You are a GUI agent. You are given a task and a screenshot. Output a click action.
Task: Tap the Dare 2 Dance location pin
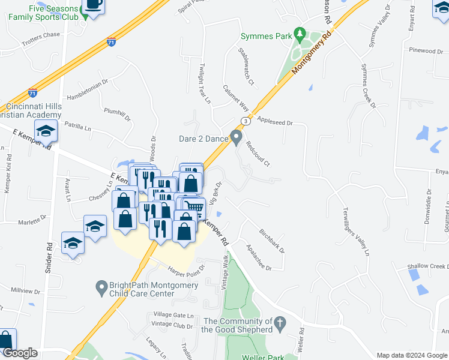coord(237,138)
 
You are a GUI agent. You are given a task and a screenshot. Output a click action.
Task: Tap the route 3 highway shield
coord(245,121)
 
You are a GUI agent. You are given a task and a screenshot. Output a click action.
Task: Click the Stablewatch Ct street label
coord(247,66)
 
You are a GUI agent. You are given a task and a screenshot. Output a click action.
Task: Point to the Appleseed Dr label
coord(274,122)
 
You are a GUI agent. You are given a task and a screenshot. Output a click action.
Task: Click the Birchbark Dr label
coord(272,240)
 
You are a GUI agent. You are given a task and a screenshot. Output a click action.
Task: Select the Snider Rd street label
coord(49,258)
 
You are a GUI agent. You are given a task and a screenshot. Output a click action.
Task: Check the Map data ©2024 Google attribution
coord(412,355)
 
